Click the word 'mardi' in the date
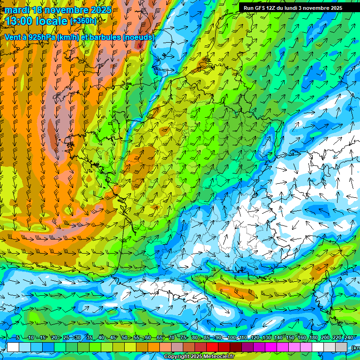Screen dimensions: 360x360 (x=15, y=10)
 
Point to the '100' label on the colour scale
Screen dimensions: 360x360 (x=232, y=337)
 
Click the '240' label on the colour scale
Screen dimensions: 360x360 (x=348, y=337)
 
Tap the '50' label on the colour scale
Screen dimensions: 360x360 (x=124, y=337)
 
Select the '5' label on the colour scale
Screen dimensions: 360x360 (x=18, y=337)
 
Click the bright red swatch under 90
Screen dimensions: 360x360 (x=213, y=347)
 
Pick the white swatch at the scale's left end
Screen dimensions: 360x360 (x=13, y=347)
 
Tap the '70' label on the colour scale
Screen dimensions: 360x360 (x=172, y=337)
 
